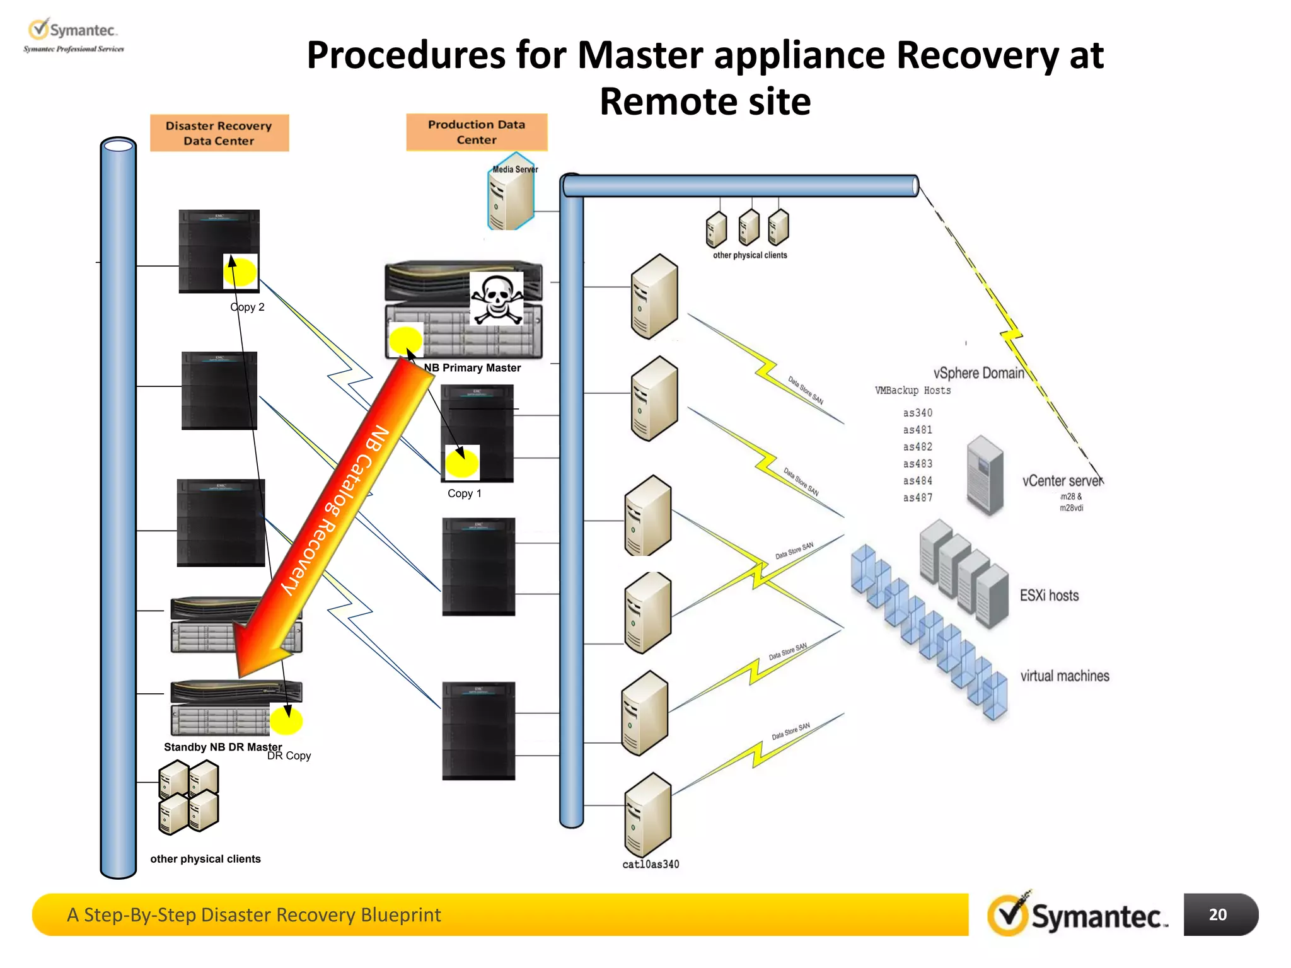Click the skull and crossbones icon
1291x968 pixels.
(x=497, y=299)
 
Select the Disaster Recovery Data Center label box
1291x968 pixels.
(x=219, y=133)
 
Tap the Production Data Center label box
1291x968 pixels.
(x=477, y=132)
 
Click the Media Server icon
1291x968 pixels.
(x=511, y=193)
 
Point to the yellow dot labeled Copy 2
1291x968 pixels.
(x=241, y=272)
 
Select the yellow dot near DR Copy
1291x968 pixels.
(x=286, y=720)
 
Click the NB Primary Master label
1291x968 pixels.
(x=472, y=367)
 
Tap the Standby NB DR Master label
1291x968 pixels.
(x=223, y=747)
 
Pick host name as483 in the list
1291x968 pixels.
(x=917, y=464)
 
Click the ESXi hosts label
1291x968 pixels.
(x=1049, y=596)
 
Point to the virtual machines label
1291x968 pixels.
(x=1065, y=676)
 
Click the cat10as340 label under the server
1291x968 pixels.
(x=651, y=864)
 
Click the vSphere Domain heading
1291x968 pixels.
(x=978, y=373)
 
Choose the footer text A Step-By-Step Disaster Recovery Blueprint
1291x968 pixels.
(x=253, y=914)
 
